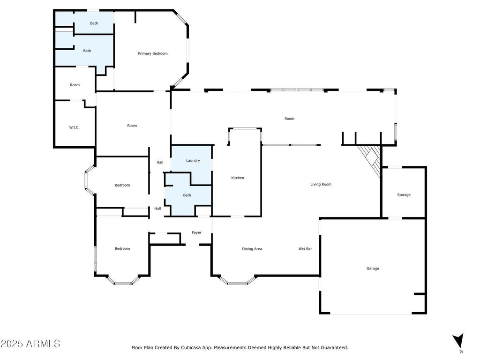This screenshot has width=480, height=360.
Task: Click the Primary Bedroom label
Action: coord(153,53)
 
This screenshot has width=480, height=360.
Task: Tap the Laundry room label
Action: coord(193,160)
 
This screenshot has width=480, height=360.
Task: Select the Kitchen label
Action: coord(238,178)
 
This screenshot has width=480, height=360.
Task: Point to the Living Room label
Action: coord(321,184)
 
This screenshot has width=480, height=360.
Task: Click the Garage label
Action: coord(373,269)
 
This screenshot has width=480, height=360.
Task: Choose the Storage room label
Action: coord(404,195)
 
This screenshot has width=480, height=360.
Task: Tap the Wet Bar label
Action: coord(305,249)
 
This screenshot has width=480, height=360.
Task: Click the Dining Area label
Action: coord(252,249)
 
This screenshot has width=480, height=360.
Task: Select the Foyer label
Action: coord(196,232)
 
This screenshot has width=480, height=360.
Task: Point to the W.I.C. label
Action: coord(75,127)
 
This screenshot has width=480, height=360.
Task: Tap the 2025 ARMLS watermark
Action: coord(30,344)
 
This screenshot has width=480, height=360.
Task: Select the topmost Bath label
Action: coord(94,23)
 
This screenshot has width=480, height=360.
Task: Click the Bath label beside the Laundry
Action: coord(187,195)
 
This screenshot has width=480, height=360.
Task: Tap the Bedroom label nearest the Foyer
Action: coord(122,248)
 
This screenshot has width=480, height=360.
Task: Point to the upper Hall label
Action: coord(160,163)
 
